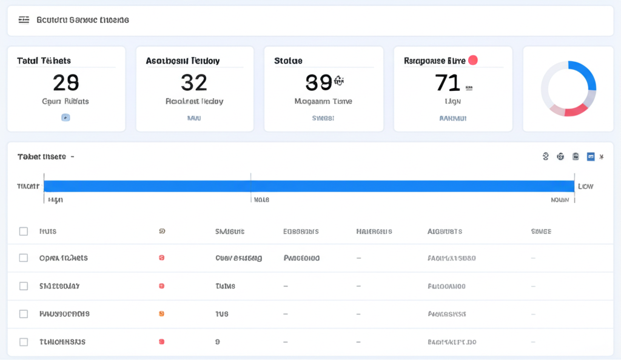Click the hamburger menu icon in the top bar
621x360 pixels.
coord(24,20)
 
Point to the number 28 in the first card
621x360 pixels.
coord(66,82)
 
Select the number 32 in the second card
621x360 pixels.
coord(194,82)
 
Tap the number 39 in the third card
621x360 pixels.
coord(319,82)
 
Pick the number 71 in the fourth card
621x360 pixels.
coord(448,82)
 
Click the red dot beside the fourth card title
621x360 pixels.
coord(473,60)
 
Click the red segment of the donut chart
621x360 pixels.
coord(576,110)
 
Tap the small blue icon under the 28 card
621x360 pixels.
coord(65,118)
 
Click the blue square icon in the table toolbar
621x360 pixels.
coord(591,156)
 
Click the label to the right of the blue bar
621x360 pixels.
coord(585,186)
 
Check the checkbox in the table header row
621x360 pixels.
coord(24,232)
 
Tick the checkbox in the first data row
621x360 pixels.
coord(24,258)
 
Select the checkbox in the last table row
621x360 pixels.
coord(24,342)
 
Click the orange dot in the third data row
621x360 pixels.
coord(161,314)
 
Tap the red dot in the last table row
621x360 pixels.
coord(161,342)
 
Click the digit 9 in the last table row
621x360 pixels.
coord(218,342)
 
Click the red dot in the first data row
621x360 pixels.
coord(161,258)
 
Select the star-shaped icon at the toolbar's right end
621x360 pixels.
coord(602,156)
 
